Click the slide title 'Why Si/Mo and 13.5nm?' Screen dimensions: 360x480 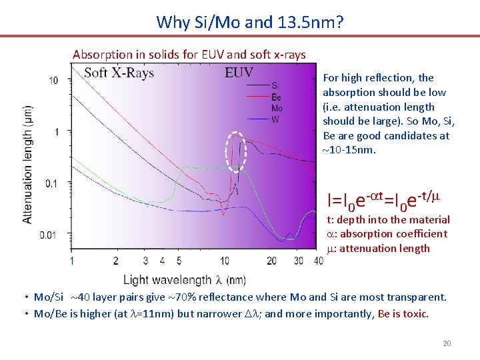click(250, 22)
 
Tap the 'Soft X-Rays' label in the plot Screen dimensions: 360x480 click(119, 73)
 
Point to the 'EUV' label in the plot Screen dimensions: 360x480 click(239, 73)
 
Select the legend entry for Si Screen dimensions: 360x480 click(276, 85)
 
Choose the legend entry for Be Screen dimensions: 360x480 click(276, 97)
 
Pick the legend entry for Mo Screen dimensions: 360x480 click(277, 108)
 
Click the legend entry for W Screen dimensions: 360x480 click(275, 119)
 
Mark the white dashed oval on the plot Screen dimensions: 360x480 click(236, 151)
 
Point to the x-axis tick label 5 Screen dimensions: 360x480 click(179, 260)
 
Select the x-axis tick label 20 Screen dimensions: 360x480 click(271, 260)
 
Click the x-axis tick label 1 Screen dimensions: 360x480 click(72, 260)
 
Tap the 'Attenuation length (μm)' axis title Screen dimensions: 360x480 click(28, 163)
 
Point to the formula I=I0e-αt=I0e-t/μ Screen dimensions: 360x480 click(383, 199)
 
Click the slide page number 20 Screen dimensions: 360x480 click(447, 343)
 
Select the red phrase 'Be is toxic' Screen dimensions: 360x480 click(403, 313)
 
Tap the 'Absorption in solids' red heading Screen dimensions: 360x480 click(189, 54)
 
